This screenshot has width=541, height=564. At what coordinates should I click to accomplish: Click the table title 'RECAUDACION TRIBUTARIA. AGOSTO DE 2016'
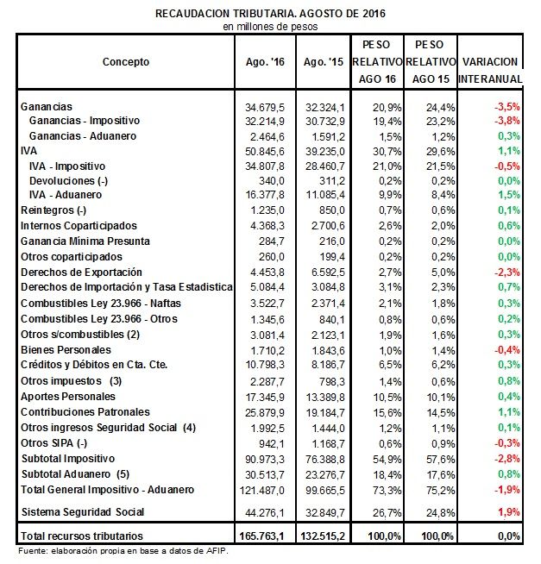coord(270,14)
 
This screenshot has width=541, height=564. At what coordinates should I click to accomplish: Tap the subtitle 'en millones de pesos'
coord(270,27)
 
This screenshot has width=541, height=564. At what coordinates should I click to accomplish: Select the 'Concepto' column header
coord(126,62)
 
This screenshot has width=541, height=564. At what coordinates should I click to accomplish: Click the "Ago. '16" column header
coord(265,62)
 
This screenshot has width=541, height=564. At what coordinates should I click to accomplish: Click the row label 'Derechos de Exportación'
coord(81,273)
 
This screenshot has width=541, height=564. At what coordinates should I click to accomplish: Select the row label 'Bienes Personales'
coord(66,349)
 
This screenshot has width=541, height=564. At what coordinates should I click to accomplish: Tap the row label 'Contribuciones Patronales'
coord(85,412)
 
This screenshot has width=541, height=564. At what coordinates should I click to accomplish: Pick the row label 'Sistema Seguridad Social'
coord(83,512)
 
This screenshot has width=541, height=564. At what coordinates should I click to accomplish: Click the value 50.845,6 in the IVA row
coord(265,152)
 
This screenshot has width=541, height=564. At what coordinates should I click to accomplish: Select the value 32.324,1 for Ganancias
coord(325,107)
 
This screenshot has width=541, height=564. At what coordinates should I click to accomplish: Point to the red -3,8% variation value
coord(507,121)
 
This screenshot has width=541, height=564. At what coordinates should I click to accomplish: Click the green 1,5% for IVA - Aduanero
coord(509,195)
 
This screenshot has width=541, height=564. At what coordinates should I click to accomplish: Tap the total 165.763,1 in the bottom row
coord(261,536)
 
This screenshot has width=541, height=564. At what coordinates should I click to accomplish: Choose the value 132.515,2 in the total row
coord(323,536)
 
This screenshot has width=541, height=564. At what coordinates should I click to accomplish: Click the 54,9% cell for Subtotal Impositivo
coord(387,460)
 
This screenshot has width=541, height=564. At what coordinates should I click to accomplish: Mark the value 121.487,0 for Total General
coord(262,490)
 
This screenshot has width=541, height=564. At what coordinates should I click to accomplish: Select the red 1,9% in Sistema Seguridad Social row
coord(509,512)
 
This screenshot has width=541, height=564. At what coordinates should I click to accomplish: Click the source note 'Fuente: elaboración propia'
coord(123,551)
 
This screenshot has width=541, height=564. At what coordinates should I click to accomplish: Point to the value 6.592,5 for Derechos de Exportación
coord(328,273)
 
